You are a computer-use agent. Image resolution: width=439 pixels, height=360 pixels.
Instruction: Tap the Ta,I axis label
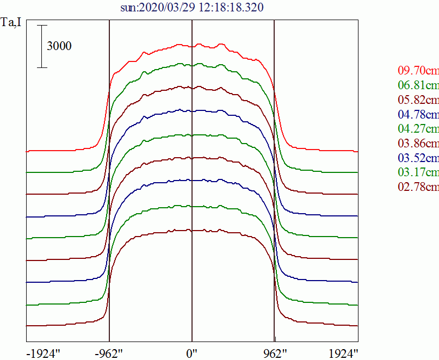11,24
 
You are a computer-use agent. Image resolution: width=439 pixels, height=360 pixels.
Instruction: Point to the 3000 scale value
59,46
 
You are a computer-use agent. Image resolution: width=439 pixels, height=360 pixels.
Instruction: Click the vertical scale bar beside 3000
42,46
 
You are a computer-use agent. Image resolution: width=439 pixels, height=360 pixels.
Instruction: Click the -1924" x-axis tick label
44,353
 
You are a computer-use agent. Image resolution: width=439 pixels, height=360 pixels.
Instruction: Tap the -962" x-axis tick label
110,353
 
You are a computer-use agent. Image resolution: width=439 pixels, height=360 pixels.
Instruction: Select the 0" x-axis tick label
192,353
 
